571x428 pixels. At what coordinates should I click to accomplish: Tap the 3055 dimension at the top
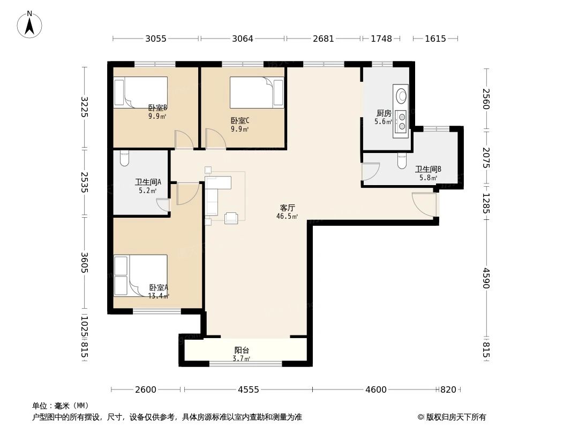pyautogui.click(x=156, y=39)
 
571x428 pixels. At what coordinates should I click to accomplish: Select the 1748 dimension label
pyautogui.click(x=381, y=39)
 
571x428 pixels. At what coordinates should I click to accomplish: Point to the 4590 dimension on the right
pyautogui.click(x=486, y=278)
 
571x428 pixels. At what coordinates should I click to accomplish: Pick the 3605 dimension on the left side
pyautogui.click(x=84, y=262)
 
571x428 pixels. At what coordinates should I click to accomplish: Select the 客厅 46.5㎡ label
pyautogui.click(x=287, y=212)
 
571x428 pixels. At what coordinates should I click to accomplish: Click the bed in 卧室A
pyautogui.click(x=140, y=275)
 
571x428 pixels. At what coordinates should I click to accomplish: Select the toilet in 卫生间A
pyautogui.click(x=125, y=158)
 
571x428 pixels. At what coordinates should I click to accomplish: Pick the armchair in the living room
pyautogui.click(x=231, y=218)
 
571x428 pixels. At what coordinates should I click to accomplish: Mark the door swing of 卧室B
pyautogui.click(x=183, y=140)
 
